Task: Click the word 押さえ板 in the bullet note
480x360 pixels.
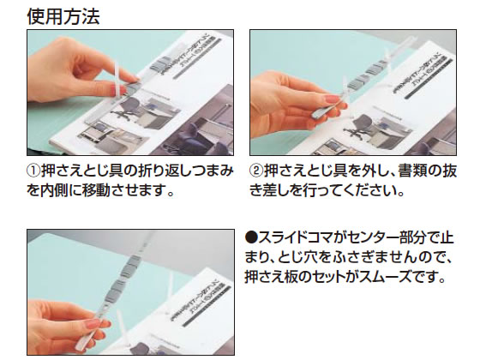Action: pyautogui.click(x=274, y=277)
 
